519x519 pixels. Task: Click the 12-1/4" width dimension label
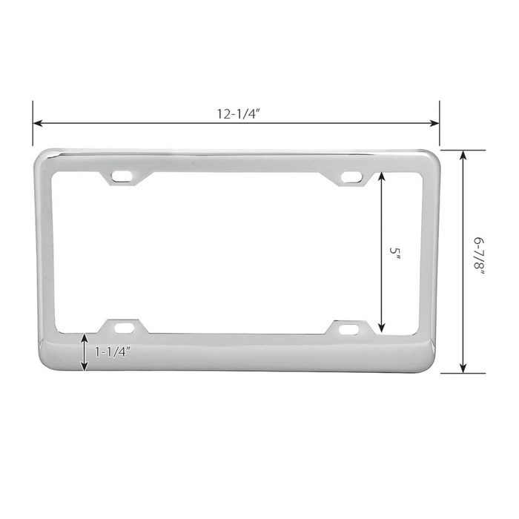(237, 113)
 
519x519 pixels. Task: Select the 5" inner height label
(395, 252)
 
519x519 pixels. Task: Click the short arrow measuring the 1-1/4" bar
(85, 352)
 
